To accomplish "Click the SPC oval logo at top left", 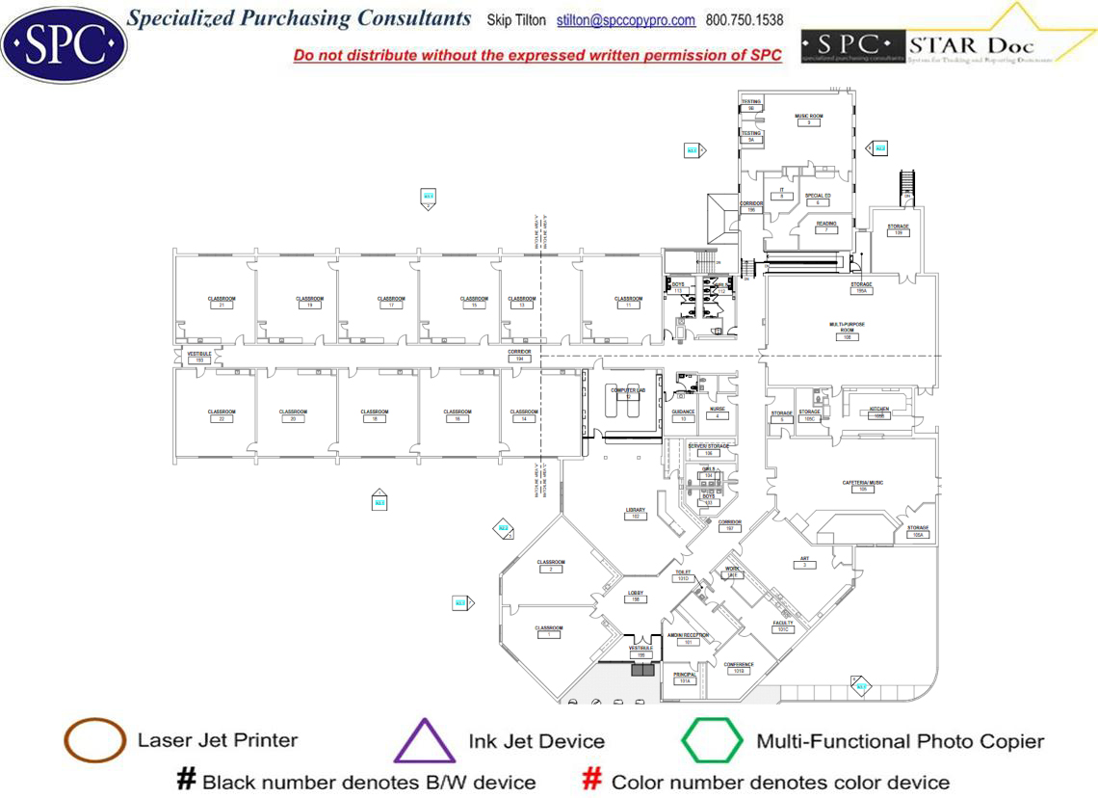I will (64, 42).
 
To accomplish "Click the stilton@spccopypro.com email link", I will (626, 20).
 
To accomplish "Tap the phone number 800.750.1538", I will (745, 20).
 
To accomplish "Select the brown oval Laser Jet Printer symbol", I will (94, 741).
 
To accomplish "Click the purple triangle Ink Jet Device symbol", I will (425, 742).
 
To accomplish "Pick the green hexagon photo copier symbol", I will (713, 741).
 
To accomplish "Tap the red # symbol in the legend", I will (593, 780).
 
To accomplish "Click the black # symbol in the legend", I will (186, 780).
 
